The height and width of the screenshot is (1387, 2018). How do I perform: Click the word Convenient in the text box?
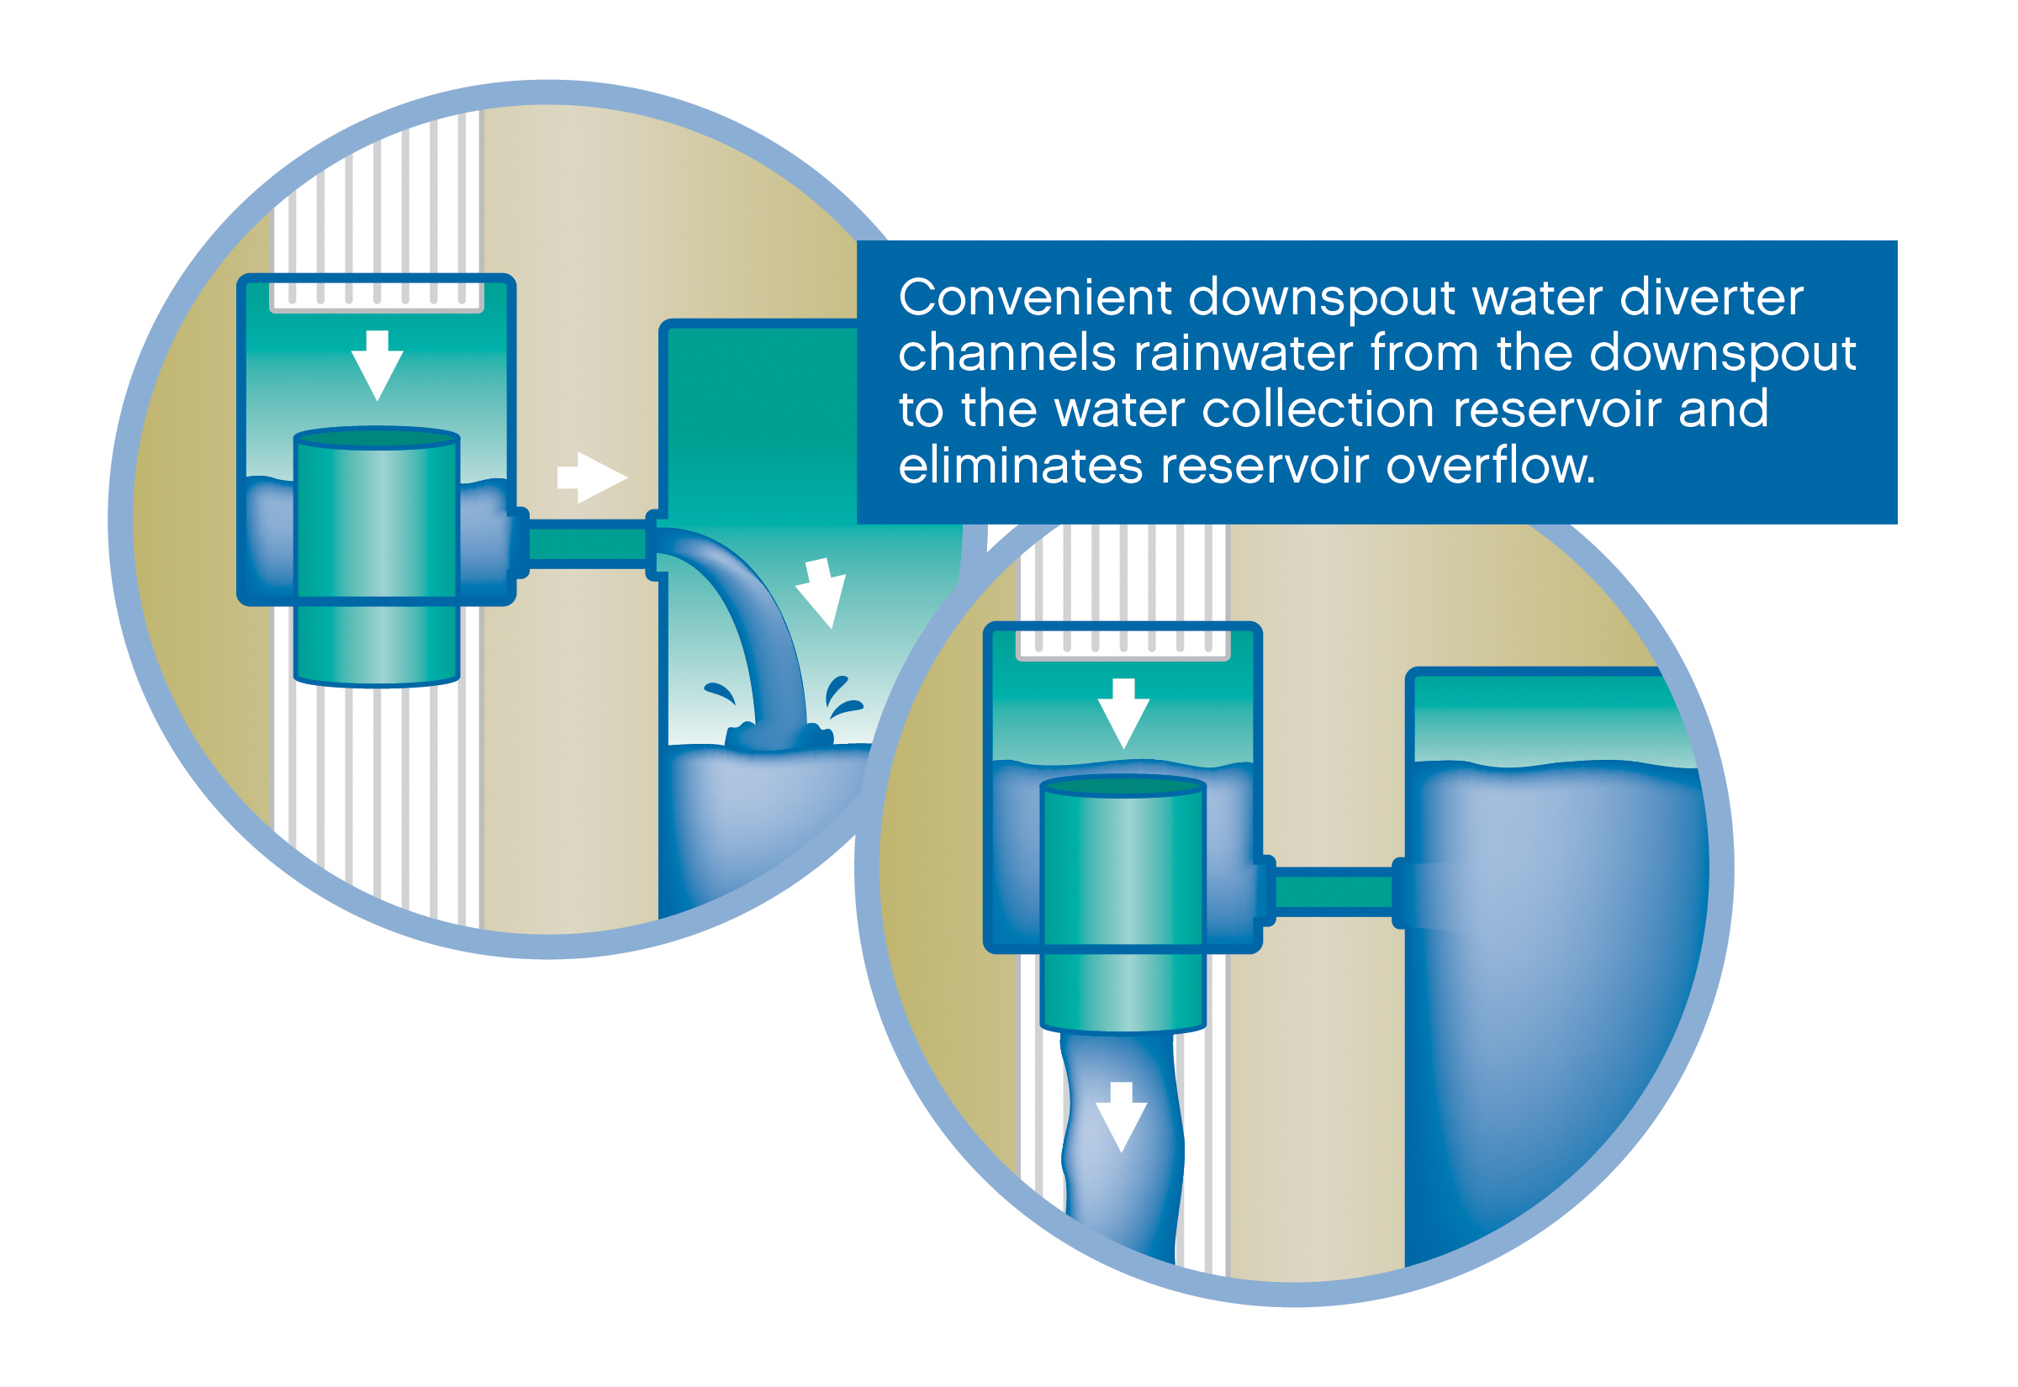1035,298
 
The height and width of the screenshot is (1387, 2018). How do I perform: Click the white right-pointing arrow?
594,477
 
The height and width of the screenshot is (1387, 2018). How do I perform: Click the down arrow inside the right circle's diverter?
1123,713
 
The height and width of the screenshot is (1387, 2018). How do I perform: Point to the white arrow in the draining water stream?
1121,1116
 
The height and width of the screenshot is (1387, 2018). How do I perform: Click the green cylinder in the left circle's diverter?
378,556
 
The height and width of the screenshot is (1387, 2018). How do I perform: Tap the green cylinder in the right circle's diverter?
1123,904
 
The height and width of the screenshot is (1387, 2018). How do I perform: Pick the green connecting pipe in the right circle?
1334,893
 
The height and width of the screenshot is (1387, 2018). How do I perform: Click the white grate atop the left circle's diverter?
378,297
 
